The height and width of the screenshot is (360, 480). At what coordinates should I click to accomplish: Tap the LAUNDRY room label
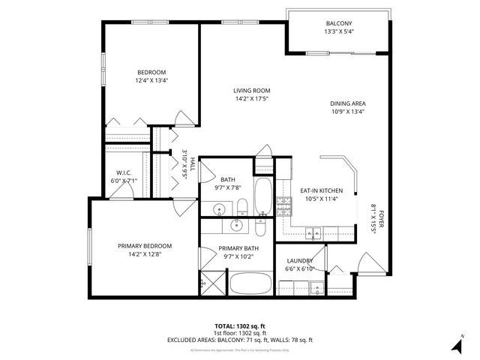coord(299,261)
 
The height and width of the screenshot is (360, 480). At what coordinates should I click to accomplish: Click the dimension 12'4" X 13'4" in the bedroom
coord(151,80)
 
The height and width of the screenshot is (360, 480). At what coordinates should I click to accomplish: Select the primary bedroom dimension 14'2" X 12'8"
coord(145,254)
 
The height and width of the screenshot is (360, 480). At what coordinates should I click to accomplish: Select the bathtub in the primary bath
coord(250,283)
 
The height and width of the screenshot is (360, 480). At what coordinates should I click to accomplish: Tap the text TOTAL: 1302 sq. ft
coord(240,326)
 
